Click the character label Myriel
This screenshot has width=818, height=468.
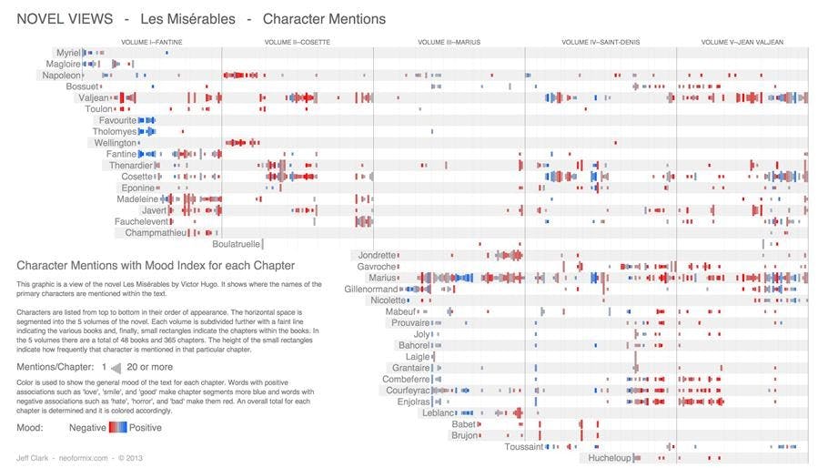(67, 53)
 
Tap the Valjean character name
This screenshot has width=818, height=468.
(93, 97)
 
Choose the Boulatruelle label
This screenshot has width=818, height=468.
(236, 244)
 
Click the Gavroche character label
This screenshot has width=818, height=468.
(377, 267)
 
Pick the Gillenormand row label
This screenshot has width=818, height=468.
(370, 290)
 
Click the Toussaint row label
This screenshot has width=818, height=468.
(523, 447)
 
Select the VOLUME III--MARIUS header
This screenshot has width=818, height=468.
(449, 42)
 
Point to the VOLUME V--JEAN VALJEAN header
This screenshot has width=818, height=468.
(742, 42)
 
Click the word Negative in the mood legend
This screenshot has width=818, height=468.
(87, 427)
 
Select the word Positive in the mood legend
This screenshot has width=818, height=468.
(146, 427)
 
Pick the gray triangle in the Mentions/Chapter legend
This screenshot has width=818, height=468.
(116, 367)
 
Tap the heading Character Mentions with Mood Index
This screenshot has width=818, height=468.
(155, 266)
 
